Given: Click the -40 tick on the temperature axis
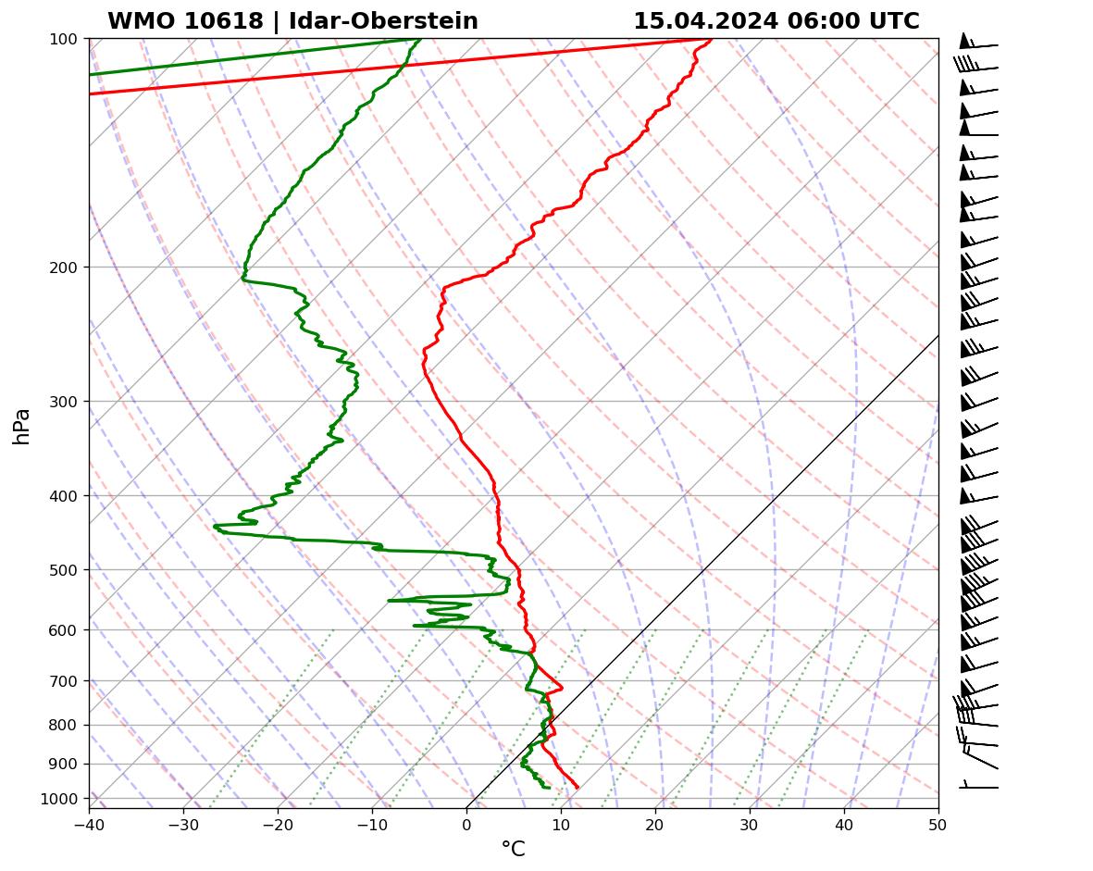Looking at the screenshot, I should [x=89, y=822].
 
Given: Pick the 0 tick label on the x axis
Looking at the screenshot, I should [x=466, y=822].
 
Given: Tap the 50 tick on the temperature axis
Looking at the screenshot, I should [x=938, y=822].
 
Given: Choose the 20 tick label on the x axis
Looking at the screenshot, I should [x=655, y=822].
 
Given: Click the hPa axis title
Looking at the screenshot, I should [x=22, y=426].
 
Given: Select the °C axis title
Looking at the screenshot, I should [x=513, y=849].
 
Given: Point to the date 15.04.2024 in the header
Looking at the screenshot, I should [x=706, y=21].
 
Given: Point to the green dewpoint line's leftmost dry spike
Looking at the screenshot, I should [x=215, y=527].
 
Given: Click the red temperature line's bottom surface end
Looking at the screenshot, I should [x=578, y=787].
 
